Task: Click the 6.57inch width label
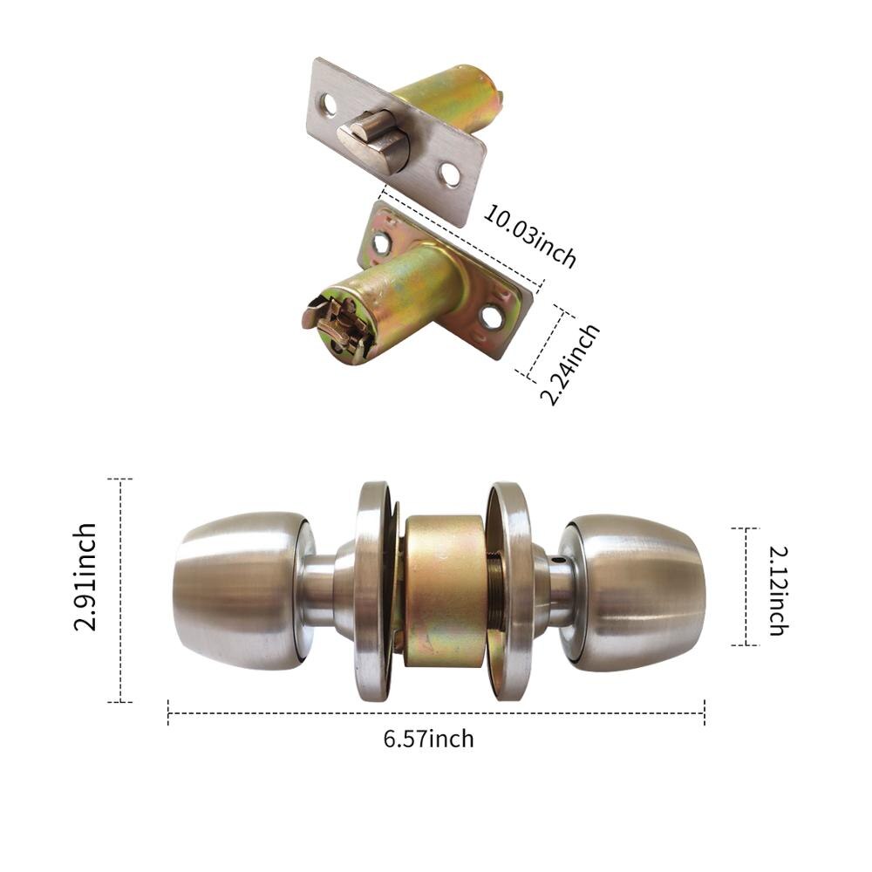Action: (428, 739)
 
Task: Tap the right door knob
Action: (641, 590)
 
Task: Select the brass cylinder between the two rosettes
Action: (445, 590)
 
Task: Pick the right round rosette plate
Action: (513, 590)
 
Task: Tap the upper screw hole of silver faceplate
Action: (330, 105)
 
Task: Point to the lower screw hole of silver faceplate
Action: (449, 174)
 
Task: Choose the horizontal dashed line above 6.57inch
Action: (435, 713)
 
